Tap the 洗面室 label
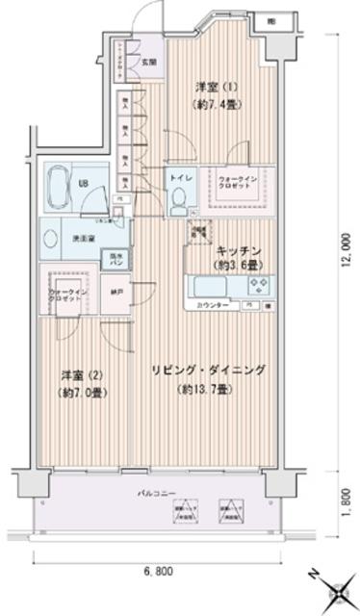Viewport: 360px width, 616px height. click(x=82, y=239)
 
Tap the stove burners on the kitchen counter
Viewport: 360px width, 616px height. click(x=258, y=284)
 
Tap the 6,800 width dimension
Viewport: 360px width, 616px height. click(x=160, y=570)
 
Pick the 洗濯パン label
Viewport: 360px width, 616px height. click(x=113, y=259)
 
